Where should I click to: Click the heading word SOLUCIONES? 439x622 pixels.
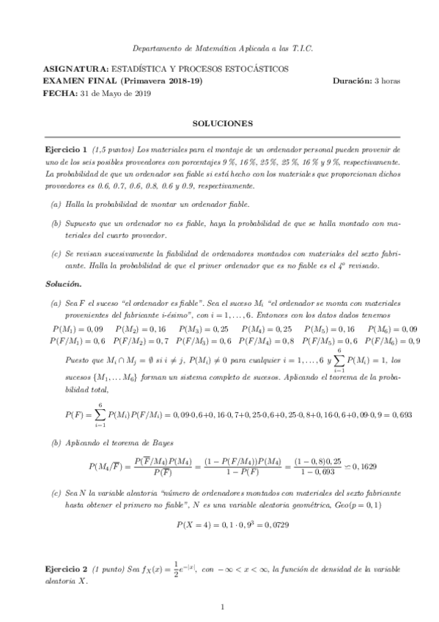[x=219, y=123]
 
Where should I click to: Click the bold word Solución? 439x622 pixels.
[x=62, y=284]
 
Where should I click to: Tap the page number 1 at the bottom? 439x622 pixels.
[x=220, y=607]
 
